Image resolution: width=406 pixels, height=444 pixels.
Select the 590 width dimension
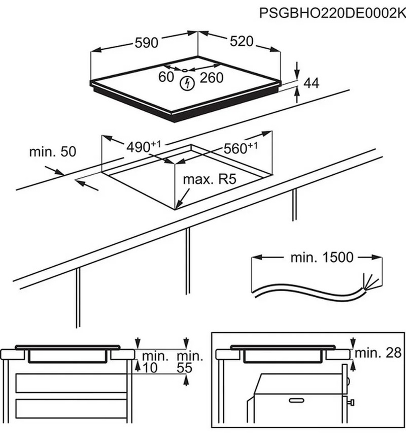click(x=147, y=43)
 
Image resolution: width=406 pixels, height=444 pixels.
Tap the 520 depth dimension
click(x=241, y=42)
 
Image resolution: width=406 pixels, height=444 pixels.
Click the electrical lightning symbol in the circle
click(x=186, y=82)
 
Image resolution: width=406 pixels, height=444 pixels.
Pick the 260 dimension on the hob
click(x=212, y=78)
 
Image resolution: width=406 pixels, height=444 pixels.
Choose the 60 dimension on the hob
click(x=166, y=78)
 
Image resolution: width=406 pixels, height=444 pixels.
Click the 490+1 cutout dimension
click(x=143, y=147)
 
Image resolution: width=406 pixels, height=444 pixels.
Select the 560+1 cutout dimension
click(x=241, y=148)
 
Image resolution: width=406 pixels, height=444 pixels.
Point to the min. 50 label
click(x=52, y=151)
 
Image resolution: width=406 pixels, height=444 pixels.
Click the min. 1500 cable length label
click(x=321, y=258)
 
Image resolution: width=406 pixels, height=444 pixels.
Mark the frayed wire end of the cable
click(x=369, y=281)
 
